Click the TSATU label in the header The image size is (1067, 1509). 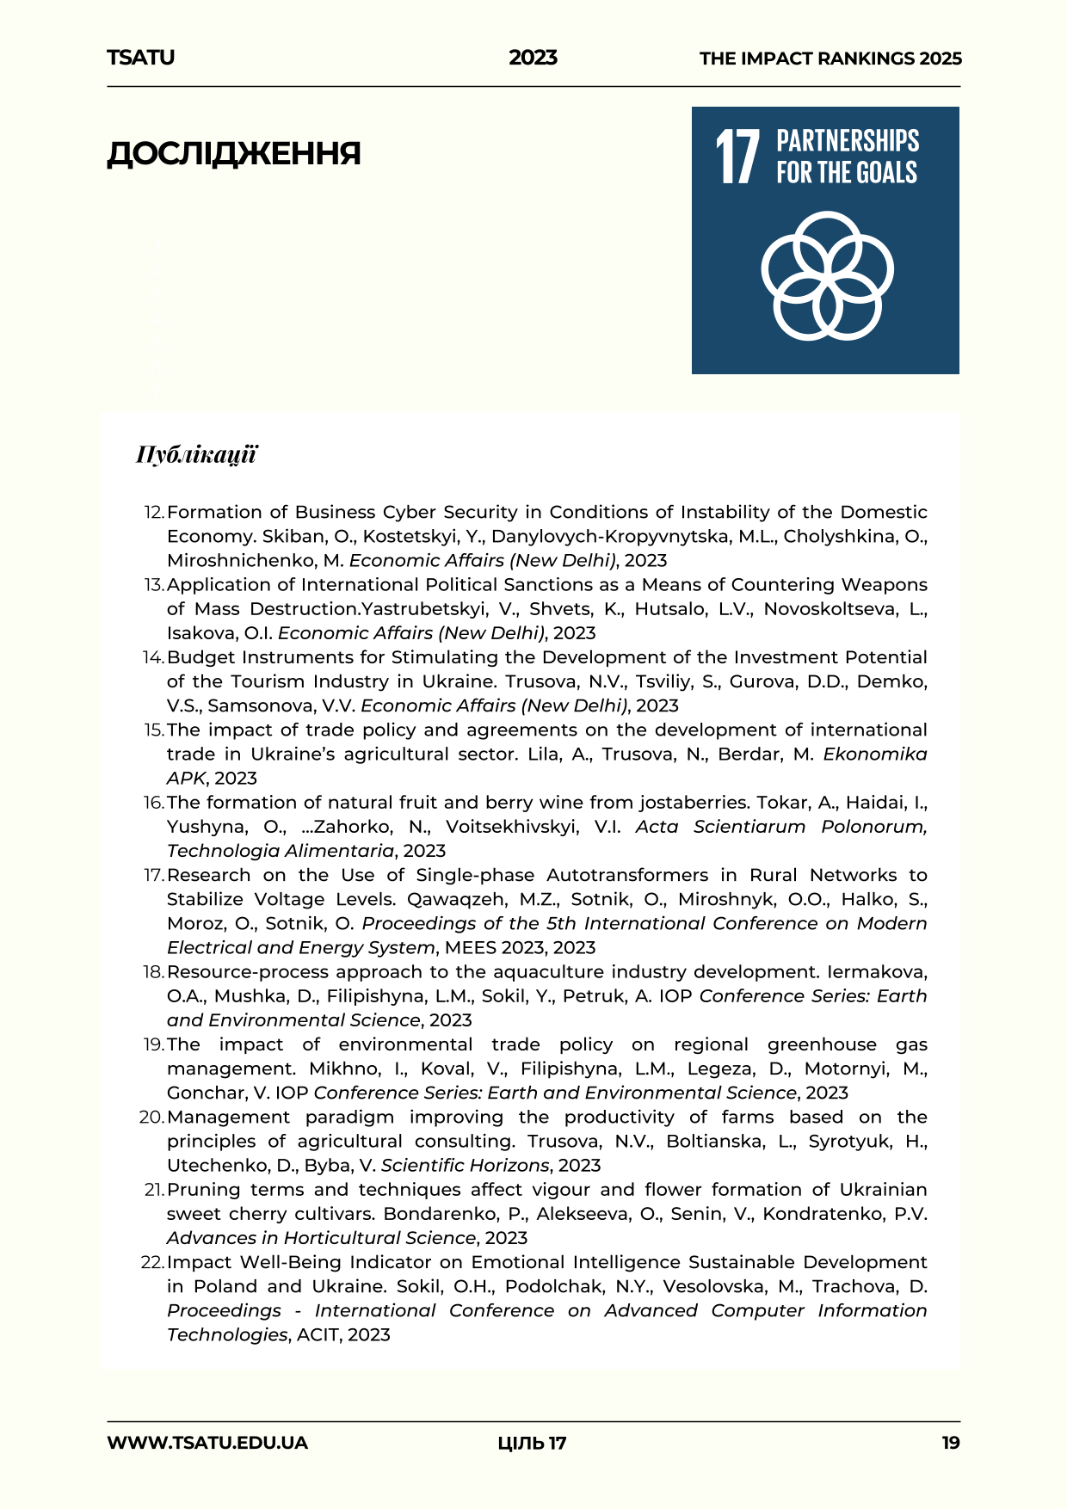click(140, 58)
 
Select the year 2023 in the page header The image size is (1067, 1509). click(533, 58)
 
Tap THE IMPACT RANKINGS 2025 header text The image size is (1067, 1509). click(830, 59)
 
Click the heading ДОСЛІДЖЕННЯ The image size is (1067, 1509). click(233, 154)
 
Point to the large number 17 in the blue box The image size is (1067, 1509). click(737, 157)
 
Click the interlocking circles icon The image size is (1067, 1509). click(826, 275)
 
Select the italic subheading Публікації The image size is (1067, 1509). click(196, 454)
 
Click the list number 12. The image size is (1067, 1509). click(153, 513)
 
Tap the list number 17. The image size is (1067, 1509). click(153, 876)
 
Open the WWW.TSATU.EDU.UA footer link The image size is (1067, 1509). click(207, 1443)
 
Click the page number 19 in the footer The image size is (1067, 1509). click(950, 1443)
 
